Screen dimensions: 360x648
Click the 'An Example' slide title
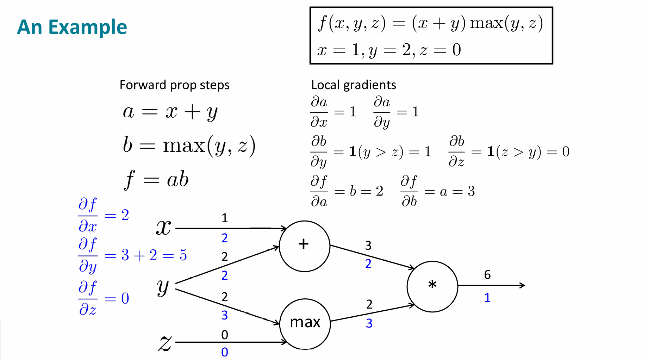pos(72,27)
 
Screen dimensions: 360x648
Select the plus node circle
pos(304,246)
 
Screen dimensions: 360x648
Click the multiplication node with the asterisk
pos(432,286)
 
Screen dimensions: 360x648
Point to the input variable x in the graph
pos(163,227)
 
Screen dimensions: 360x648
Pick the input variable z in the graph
pos(164,343)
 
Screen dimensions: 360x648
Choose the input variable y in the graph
pos(163,287)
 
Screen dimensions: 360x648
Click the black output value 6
pos(487,275)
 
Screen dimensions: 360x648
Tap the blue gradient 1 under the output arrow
pos(487,298)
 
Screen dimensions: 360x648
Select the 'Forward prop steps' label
pos(174,85)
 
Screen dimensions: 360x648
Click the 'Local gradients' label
pos(353,85)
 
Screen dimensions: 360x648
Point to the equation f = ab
pos(156,179)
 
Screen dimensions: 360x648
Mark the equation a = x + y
pos(170,112)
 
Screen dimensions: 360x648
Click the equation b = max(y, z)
pos(189,145)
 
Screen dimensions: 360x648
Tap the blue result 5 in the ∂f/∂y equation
pos(183,255)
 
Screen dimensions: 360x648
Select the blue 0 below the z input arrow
pos(225,352)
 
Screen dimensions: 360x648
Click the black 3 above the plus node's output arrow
pos(368,245)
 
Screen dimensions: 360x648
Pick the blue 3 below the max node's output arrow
pos(369,323)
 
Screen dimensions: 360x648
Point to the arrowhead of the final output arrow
pos(523,285)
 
